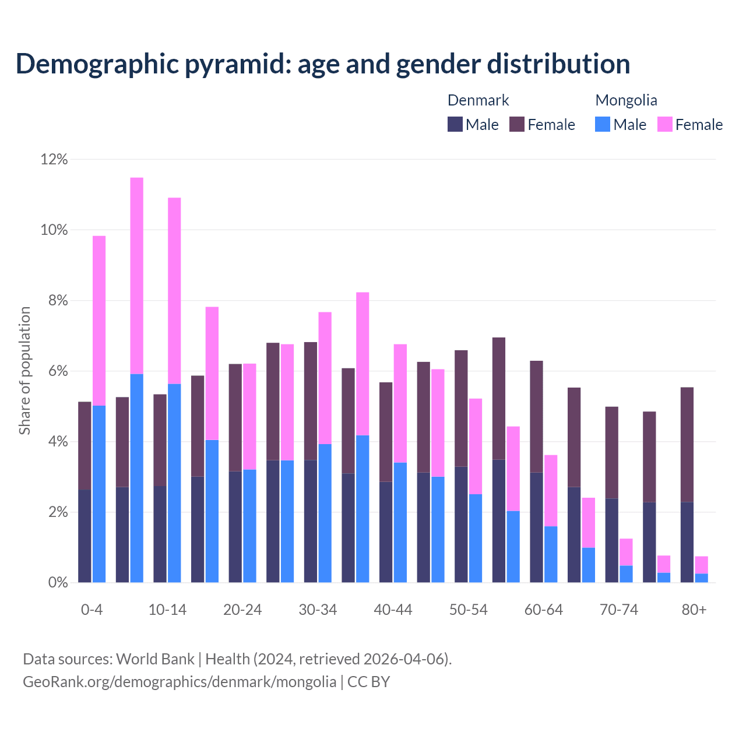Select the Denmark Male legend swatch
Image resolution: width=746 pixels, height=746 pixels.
coord(455,124)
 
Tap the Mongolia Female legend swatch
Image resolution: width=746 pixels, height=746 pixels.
coord(664,124)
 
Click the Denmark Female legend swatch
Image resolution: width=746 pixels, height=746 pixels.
coord(517,124)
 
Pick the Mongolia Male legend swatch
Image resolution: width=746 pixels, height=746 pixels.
coord(603,124)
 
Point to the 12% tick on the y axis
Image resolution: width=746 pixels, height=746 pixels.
coord(54,159)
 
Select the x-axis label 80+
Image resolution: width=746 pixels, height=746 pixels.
coord(694,610)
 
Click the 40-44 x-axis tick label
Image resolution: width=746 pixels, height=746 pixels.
coord(393,610)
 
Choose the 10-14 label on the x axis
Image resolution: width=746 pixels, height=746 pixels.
coord(167,610)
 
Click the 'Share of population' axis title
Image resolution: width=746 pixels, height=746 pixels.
coord(24,371)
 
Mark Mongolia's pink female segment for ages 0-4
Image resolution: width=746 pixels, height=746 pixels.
coord(99,321)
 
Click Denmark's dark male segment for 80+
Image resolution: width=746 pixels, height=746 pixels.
coord(687,542)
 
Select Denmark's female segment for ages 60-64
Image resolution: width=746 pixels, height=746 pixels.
coord(536,417)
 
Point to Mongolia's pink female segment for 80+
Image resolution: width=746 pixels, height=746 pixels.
coord(701,565)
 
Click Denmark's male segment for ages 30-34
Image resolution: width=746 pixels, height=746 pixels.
coord(311,521)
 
